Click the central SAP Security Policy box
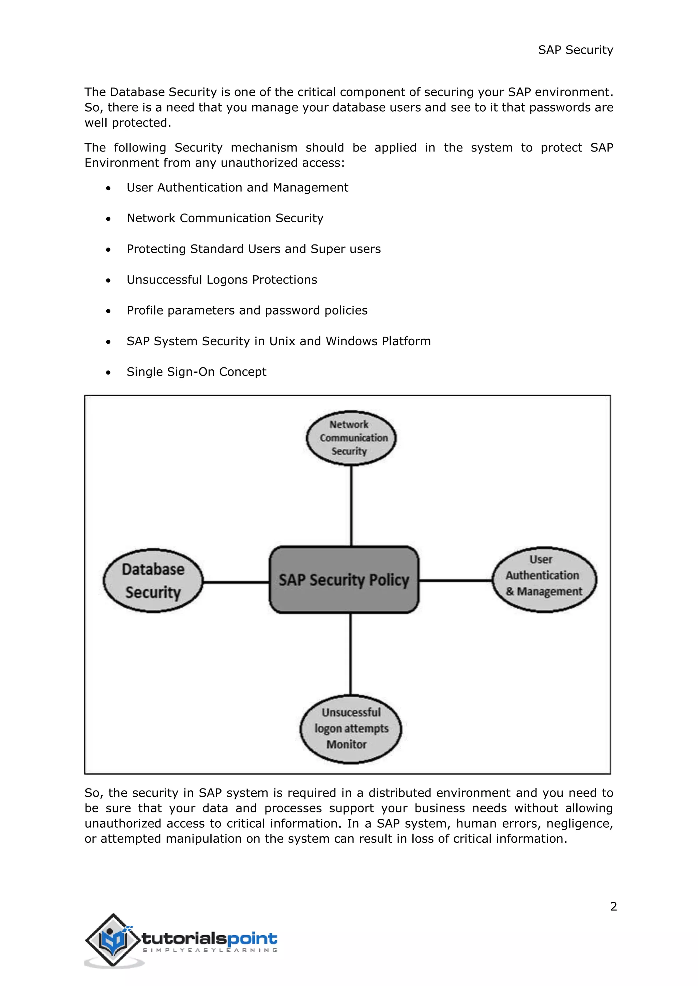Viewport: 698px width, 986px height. click(x=344, y=580)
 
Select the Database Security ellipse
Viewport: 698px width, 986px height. click(x=153, y=581)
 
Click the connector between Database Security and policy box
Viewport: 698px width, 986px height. click(x=236, y=582)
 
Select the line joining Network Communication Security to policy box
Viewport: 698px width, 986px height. click(x=351, y=506)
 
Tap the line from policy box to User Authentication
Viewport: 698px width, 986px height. click(x=456, y=580)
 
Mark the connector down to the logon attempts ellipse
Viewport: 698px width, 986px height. click(x=350, y=654)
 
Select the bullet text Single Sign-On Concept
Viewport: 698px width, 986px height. click(x=196, y=371)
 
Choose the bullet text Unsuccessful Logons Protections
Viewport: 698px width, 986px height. click(x=222, y=280)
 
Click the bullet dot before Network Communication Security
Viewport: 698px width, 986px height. click(x=108, y=219)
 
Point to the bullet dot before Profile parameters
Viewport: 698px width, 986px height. click(x=108, y=311)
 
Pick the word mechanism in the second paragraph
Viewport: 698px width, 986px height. click(x=264, y=147)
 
